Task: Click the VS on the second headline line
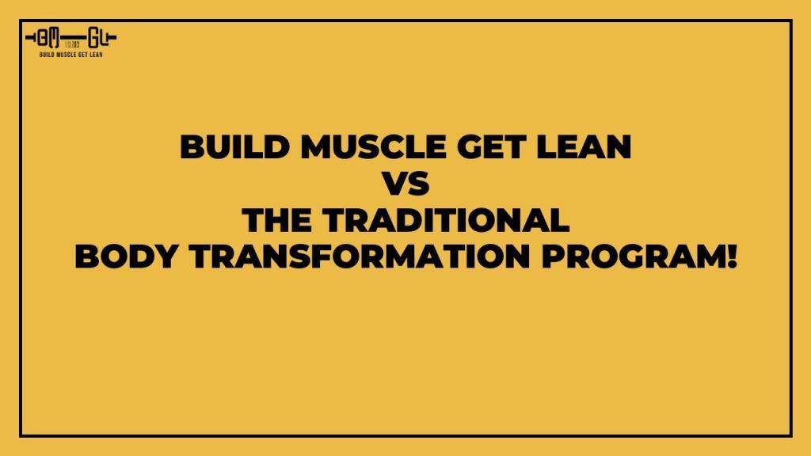[405, 184]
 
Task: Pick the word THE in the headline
[278, 220]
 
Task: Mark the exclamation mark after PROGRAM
[730, 256]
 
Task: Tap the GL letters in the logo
[98, 38]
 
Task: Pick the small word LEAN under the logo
[96, 54]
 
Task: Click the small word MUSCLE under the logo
[67, 54]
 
